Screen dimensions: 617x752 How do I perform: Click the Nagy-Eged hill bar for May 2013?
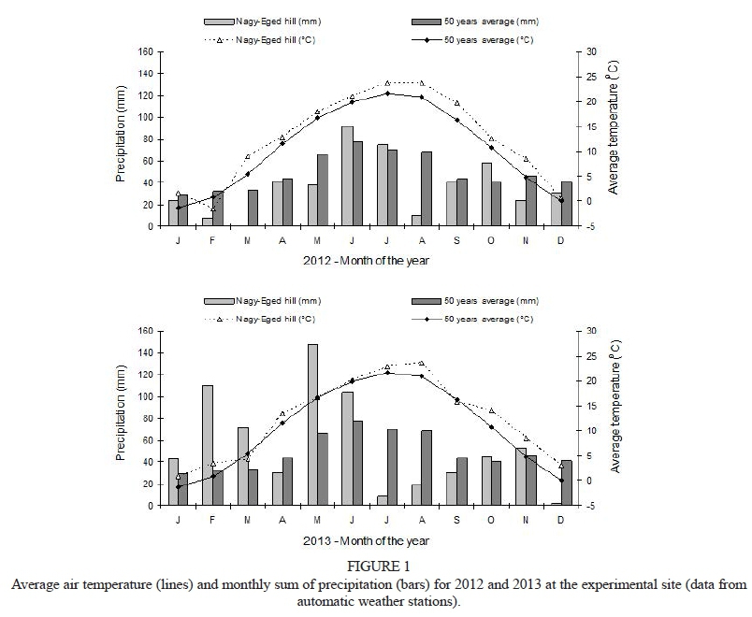click(x=312, y=424)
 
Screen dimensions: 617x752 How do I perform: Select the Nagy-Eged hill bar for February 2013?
click(x=208, y=445)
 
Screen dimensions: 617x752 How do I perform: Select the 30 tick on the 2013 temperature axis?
click(x=590, y=331)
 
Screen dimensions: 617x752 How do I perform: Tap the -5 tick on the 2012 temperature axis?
click(x=589, y=226)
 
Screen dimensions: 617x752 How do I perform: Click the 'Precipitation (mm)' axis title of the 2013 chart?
click(x=123, y=418)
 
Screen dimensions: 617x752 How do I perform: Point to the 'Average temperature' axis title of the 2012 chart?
click(x=613, y=128)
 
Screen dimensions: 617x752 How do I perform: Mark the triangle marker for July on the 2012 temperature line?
click(x=387, y=83)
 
